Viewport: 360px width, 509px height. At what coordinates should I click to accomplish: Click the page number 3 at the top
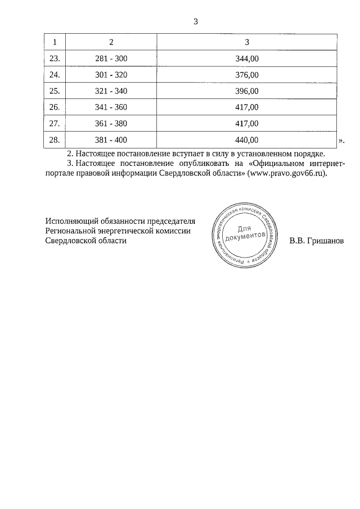click(195, 22)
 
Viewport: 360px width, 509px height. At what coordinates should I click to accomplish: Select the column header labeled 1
click(55, 42)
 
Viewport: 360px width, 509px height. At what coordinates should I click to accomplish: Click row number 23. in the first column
click(55, 58)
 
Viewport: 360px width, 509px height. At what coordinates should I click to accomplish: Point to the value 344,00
click(247, 58)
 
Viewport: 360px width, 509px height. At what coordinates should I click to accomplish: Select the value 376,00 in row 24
click(247, 74)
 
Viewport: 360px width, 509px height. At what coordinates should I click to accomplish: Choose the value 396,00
click(247, 91)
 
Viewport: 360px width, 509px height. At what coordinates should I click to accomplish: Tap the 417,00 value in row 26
click(247, 107)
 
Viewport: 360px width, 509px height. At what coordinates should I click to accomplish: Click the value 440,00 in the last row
click(247, 139)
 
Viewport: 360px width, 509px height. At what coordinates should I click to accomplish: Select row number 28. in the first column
click(55, 139)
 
